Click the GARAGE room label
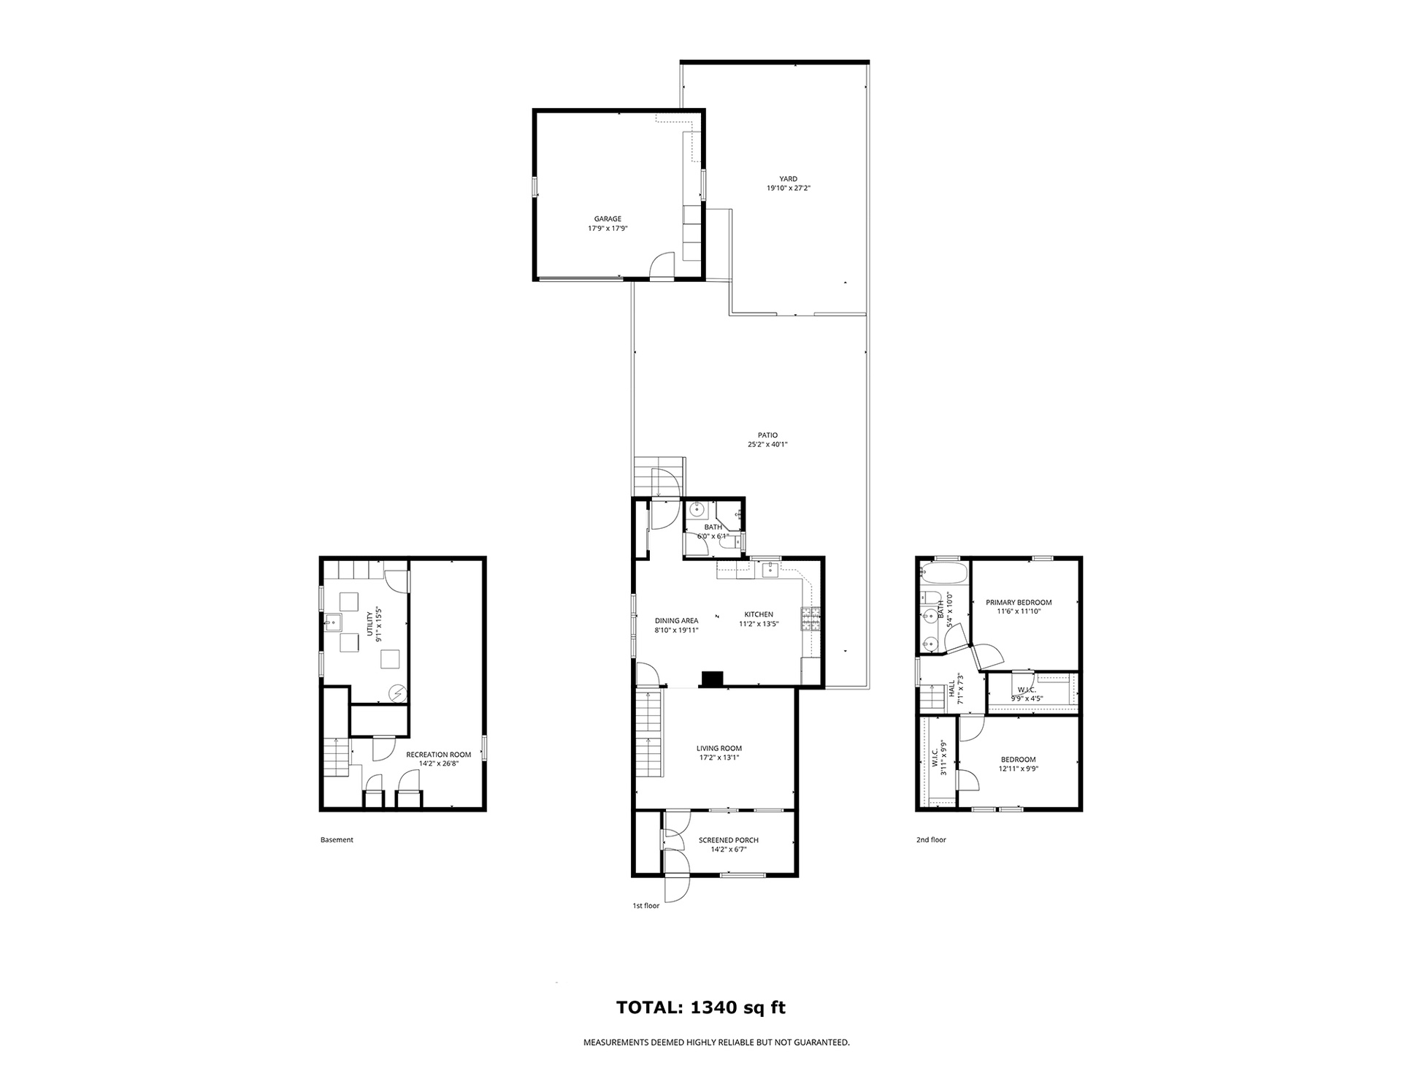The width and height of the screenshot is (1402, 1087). pos(608,218)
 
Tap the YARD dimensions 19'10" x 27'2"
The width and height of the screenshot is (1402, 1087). pos(789,188)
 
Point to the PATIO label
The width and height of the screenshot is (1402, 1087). pos(767,435)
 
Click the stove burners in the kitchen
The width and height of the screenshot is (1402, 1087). pos(811,619)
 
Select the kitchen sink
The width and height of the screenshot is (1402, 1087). pos(770,569)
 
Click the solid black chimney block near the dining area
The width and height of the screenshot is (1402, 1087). pos(712,679)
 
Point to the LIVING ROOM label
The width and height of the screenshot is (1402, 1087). pos(719,748)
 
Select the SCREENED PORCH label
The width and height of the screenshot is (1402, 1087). pos(729,840)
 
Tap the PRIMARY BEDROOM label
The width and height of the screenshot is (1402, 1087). pos(1019,603)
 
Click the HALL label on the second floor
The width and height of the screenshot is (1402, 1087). pos(952,689)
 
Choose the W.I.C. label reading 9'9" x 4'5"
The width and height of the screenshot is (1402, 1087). pos(1027,694)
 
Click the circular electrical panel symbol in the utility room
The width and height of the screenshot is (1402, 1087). pos(397,693)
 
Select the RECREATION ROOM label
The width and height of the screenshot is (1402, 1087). pos(439,755)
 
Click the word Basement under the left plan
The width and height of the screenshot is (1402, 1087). pos(337,840)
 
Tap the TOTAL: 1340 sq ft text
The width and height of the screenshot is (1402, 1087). pos(701,1008)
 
